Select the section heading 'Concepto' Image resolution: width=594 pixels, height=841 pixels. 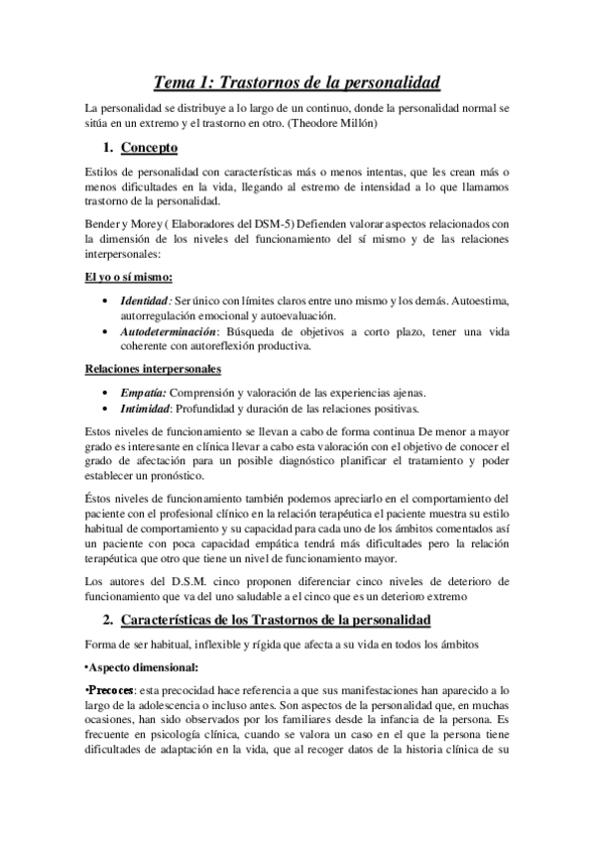[x=149, y=149]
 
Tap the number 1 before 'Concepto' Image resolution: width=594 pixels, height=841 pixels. [x=107, y=149]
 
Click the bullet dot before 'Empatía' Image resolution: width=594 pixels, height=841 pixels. [x=107, y=393]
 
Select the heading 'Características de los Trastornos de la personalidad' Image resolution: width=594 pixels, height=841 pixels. [x=276, y=621]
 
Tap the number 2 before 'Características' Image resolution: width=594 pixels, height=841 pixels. [x=107, y=621]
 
